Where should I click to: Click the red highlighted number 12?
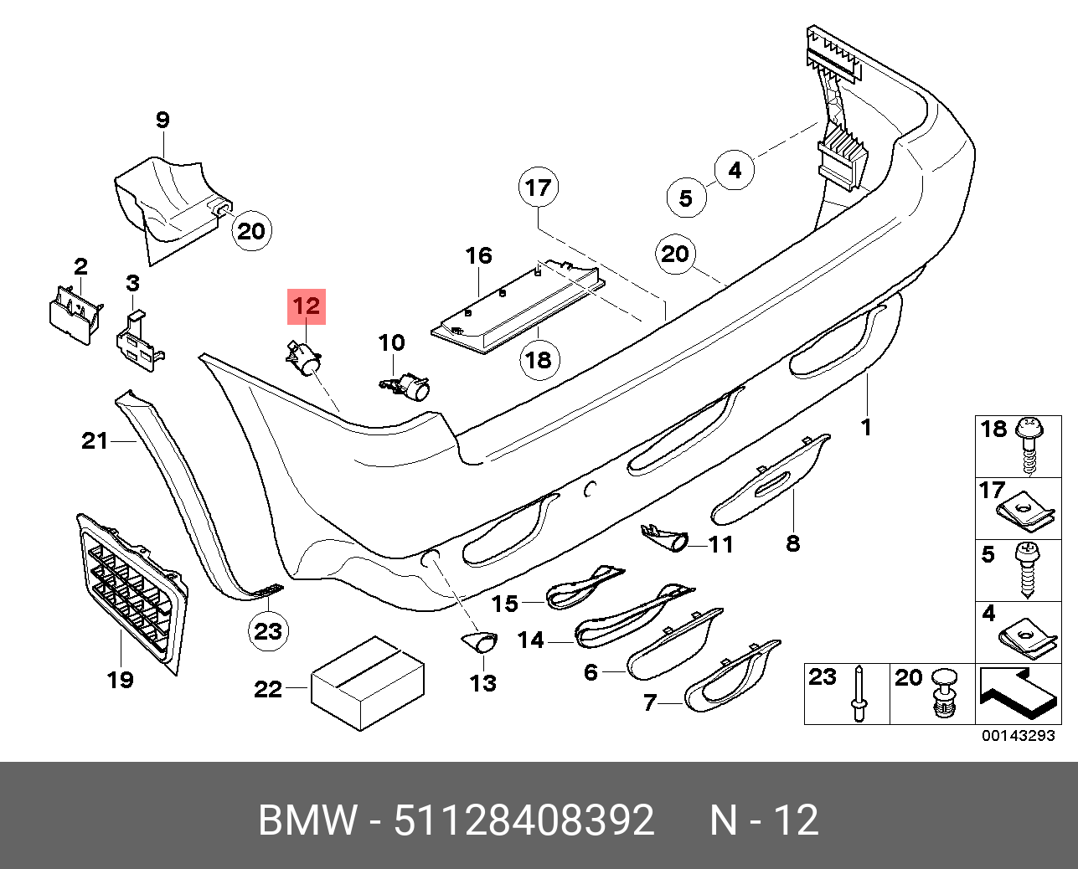pyautogui.click(x=307, y=306)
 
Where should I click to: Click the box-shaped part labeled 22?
pyautogui.click(x=367, y=682)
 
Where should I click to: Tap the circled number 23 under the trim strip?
pyautogui.click(x=268, y=630)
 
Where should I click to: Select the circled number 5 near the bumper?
pyautogui.click(x=686, y=198)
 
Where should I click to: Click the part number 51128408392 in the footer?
pyautogui.click(x=524, y=820)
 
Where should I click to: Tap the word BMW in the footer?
pyautogui.click(x=307, y=820)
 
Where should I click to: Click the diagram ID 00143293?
pyautogui.click(x=1018, y=737)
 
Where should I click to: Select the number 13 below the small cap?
pyautogui.click(x=483, y=683)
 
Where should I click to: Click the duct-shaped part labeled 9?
pyautogui.click(x=168, y=198)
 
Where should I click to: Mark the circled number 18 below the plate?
pyautogui.click(x=538, y=359)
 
